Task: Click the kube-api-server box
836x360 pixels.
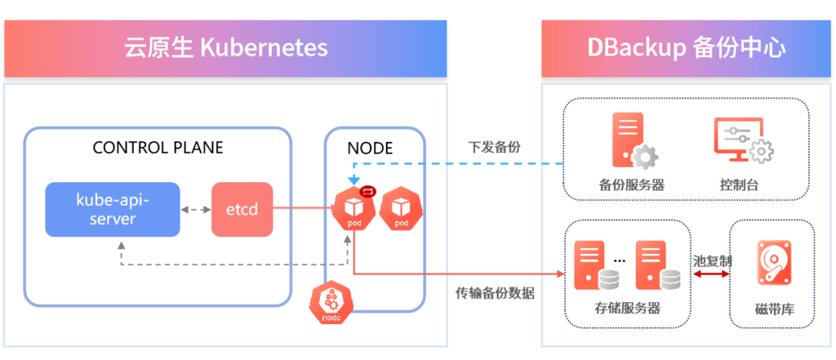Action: click(113, 209)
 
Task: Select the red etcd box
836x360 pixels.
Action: click(242, 209)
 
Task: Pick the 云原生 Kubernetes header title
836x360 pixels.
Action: click(225, 47)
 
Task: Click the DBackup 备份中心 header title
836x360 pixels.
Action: click(686, 47)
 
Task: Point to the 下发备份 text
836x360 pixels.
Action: click(494, 148)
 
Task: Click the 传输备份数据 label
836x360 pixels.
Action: click(495, 293)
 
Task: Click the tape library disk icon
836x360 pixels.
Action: click(772, 264)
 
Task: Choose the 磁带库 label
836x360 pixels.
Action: click(772, 311)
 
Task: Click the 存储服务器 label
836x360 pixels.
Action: click(628, 309)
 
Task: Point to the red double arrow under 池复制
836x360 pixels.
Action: click(710, 275)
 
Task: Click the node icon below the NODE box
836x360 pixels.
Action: click(331, 304)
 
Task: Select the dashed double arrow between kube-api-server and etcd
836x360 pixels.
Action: click(196, 210)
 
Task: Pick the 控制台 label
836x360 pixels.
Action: click(740, 184)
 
